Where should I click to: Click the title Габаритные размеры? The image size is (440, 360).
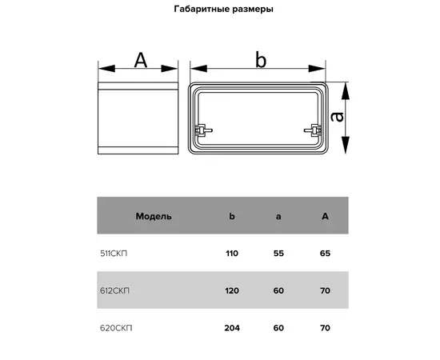click(x=224, y=10)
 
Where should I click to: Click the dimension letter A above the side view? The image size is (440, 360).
click(x=141, y=60)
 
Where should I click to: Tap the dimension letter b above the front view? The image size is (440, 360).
click(x=261, y=60)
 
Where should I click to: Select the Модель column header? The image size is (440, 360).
click(x=154, y=216)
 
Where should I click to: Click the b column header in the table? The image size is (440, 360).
click(x=232, y=216)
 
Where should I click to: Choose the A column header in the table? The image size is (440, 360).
click(x=325, y=216)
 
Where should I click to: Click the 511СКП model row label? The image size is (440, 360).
click(x=114, y=254)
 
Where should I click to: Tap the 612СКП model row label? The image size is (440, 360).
click(x=114, y=290)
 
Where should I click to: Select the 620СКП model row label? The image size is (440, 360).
click(x=116, y=328)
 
